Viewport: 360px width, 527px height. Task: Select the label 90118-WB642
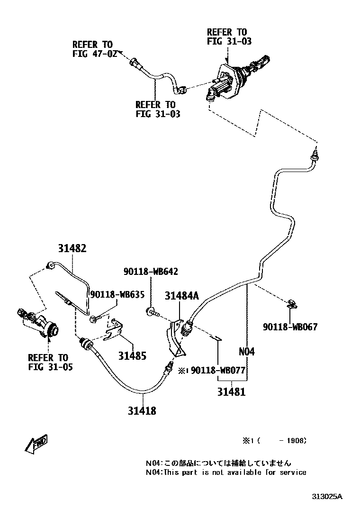coord(151,272)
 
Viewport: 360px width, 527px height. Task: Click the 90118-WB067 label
coord(290,327)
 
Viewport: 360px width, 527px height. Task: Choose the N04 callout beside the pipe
coord(246,352)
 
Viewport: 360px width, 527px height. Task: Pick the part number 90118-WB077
coord(218,370)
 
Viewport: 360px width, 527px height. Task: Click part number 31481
coord(232,392)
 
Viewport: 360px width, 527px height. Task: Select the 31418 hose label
coord(141,410)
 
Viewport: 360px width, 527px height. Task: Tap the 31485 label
coord(132,354)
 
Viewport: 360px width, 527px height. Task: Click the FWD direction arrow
coord(36,444)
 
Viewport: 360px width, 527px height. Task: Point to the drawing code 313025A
coord(327,497)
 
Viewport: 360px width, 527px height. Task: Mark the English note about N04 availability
coord(225,472)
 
